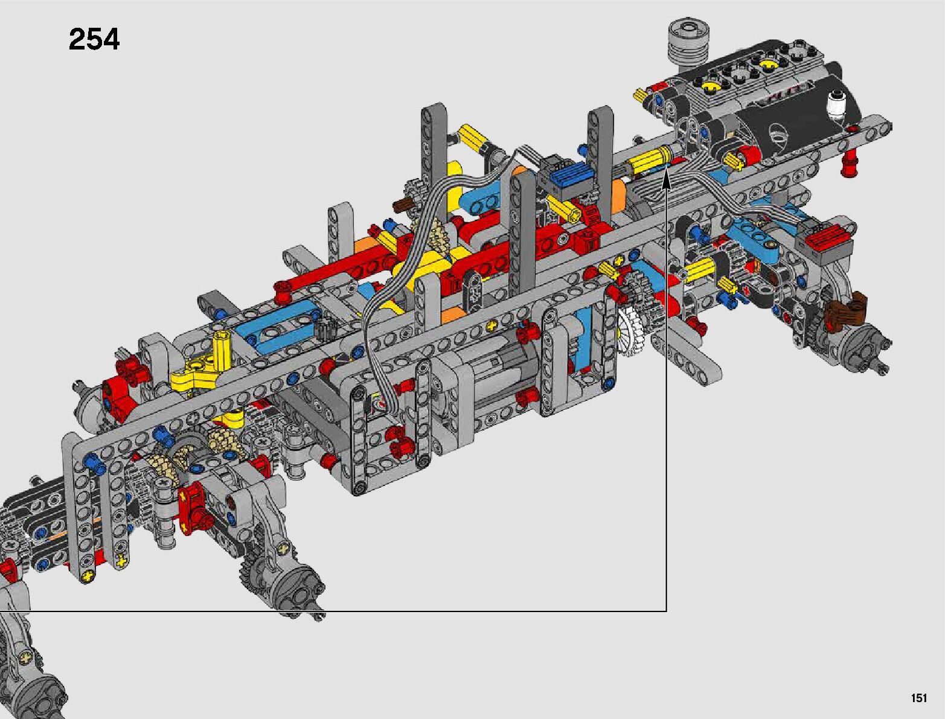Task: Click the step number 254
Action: [x=94, y=39]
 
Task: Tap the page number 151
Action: [x=919, y=697]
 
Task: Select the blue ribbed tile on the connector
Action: [x=560, y=177]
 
